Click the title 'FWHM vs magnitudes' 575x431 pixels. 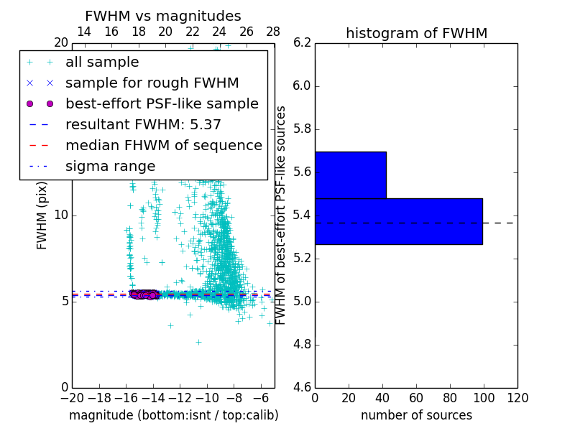click(163, 16)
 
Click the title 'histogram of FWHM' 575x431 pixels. click(416, 33)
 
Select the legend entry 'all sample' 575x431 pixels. click(102, 62)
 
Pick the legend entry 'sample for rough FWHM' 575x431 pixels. click(152, 83)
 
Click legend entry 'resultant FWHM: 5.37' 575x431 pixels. click(143, 125)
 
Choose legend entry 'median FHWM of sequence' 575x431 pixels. click(163, 146)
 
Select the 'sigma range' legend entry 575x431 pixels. click(110, 167)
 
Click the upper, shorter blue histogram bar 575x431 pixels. click(351, 175)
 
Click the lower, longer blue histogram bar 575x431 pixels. click(398, 221)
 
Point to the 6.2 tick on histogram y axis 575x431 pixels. click(302, 42)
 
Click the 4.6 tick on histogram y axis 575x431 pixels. click(302, 387)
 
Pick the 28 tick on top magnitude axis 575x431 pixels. click(274, 32)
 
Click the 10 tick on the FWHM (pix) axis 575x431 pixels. click(60, 215)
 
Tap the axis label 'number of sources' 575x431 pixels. click(416, 415)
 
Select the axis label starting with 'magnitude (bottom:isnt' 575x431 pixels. click(173, 415)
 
